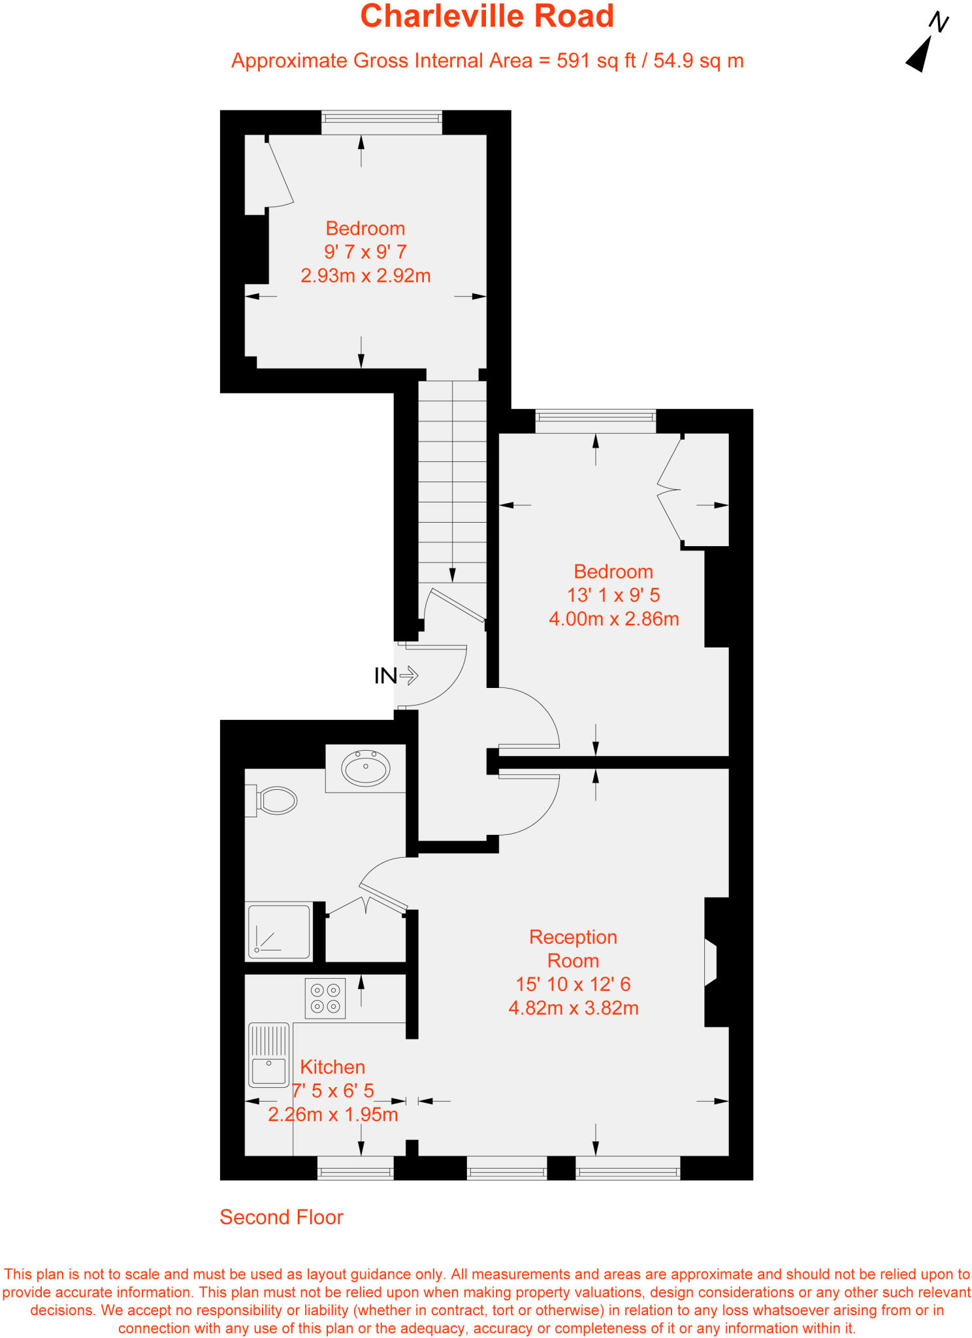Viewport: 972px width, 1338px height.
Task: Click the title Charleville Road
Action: pos(487,16)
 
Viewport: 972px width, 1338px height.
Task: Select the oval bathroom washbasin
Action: pos(366,768)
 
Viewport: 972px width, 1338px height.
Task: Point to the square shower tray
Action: pos(279,932)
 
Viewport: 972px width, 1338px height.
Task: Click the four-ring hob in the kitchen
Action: pos(325,998)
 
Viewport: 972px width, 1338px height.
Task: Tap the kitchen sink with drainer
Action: pos(268,1054)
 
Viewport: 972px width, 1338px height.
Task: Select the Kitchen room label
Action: pos(332,1067)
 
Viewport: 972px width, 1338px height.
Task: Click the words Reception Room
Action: pos(573,949)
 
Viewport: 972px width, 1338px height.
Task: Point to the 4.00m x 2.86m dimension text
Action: pos(613,619)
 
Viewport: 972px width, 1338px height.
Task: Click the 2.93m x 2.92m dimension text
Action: pos(365,276)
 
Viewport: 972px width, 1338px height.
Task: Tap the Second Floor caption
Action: pos(281,1217)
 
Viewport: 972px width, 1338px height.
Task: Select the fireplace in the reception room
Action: pos(712,962)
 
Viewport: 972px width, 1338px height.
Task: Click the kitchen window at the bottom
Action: pos(355,1167)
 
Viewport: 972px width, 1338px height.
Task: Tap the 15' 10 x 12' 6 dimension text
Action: pos(573,984)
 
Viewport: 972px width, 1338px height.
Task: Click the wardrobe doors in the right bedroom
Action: pos(670,490)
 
